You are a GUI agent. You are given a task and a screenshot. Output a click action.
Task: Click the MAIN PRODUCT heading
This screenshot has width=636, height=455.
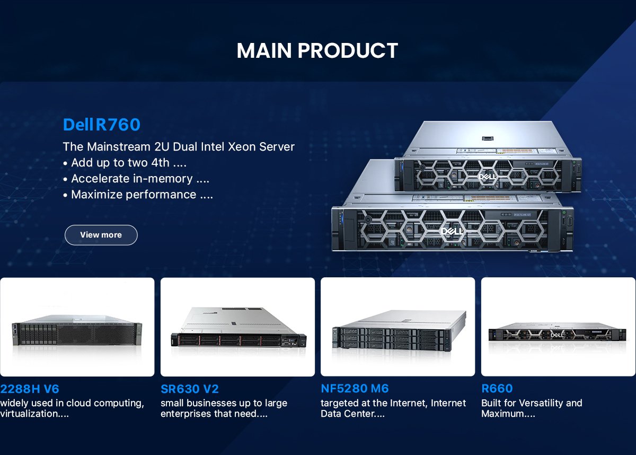click(317, 51)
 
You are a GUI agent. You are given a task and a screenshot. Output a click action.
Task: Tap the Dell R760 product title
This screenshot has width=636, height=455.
click(101, 125)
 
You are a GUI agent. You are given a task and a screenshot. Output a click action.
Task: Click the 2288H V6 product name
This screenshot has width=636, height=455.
click(30, 389)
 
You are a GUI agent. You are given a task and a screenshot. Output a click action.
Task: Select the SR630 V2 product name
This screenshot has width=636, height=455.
click(190, 389)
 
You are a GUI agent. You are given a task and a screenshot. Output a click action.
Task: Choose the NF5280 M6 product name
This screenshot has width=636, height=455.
click(355, 389)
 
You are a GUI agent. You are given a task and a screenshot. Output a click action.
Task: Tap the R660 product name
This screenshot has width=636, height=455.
click(497, 389)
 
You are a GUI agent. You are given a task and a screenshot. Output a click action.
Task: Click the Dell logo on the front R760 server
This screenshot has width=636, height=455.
click(452, 232)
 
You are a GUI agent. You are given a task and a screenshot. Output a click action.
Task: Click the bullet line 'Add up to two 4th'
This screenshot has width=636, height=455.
click(125, 163)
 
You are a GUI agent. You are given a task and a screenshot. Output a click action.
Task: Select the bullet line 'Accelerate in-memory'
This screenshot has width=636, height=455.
click(136, 179)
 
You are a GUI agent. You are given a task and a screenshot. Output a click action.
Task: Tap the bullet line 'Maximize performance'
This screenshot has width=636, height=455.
click(138, 195)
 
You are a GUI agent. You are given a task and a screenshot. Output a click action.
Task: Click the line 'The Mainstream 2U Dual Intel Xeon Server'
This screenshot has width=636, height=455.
click(179, 147)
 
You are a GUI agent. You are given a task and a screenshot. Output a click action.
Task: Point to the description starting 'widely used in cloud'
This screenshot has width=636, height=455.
click(72, 408)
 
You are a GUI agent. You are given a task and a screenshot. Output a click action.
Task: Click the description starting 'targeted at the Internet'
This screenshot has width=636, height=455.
click(393, 408)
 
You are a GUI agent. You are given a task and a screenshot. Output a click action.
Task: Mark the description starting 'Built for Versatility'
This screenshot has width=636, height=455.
click(532, 408)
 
